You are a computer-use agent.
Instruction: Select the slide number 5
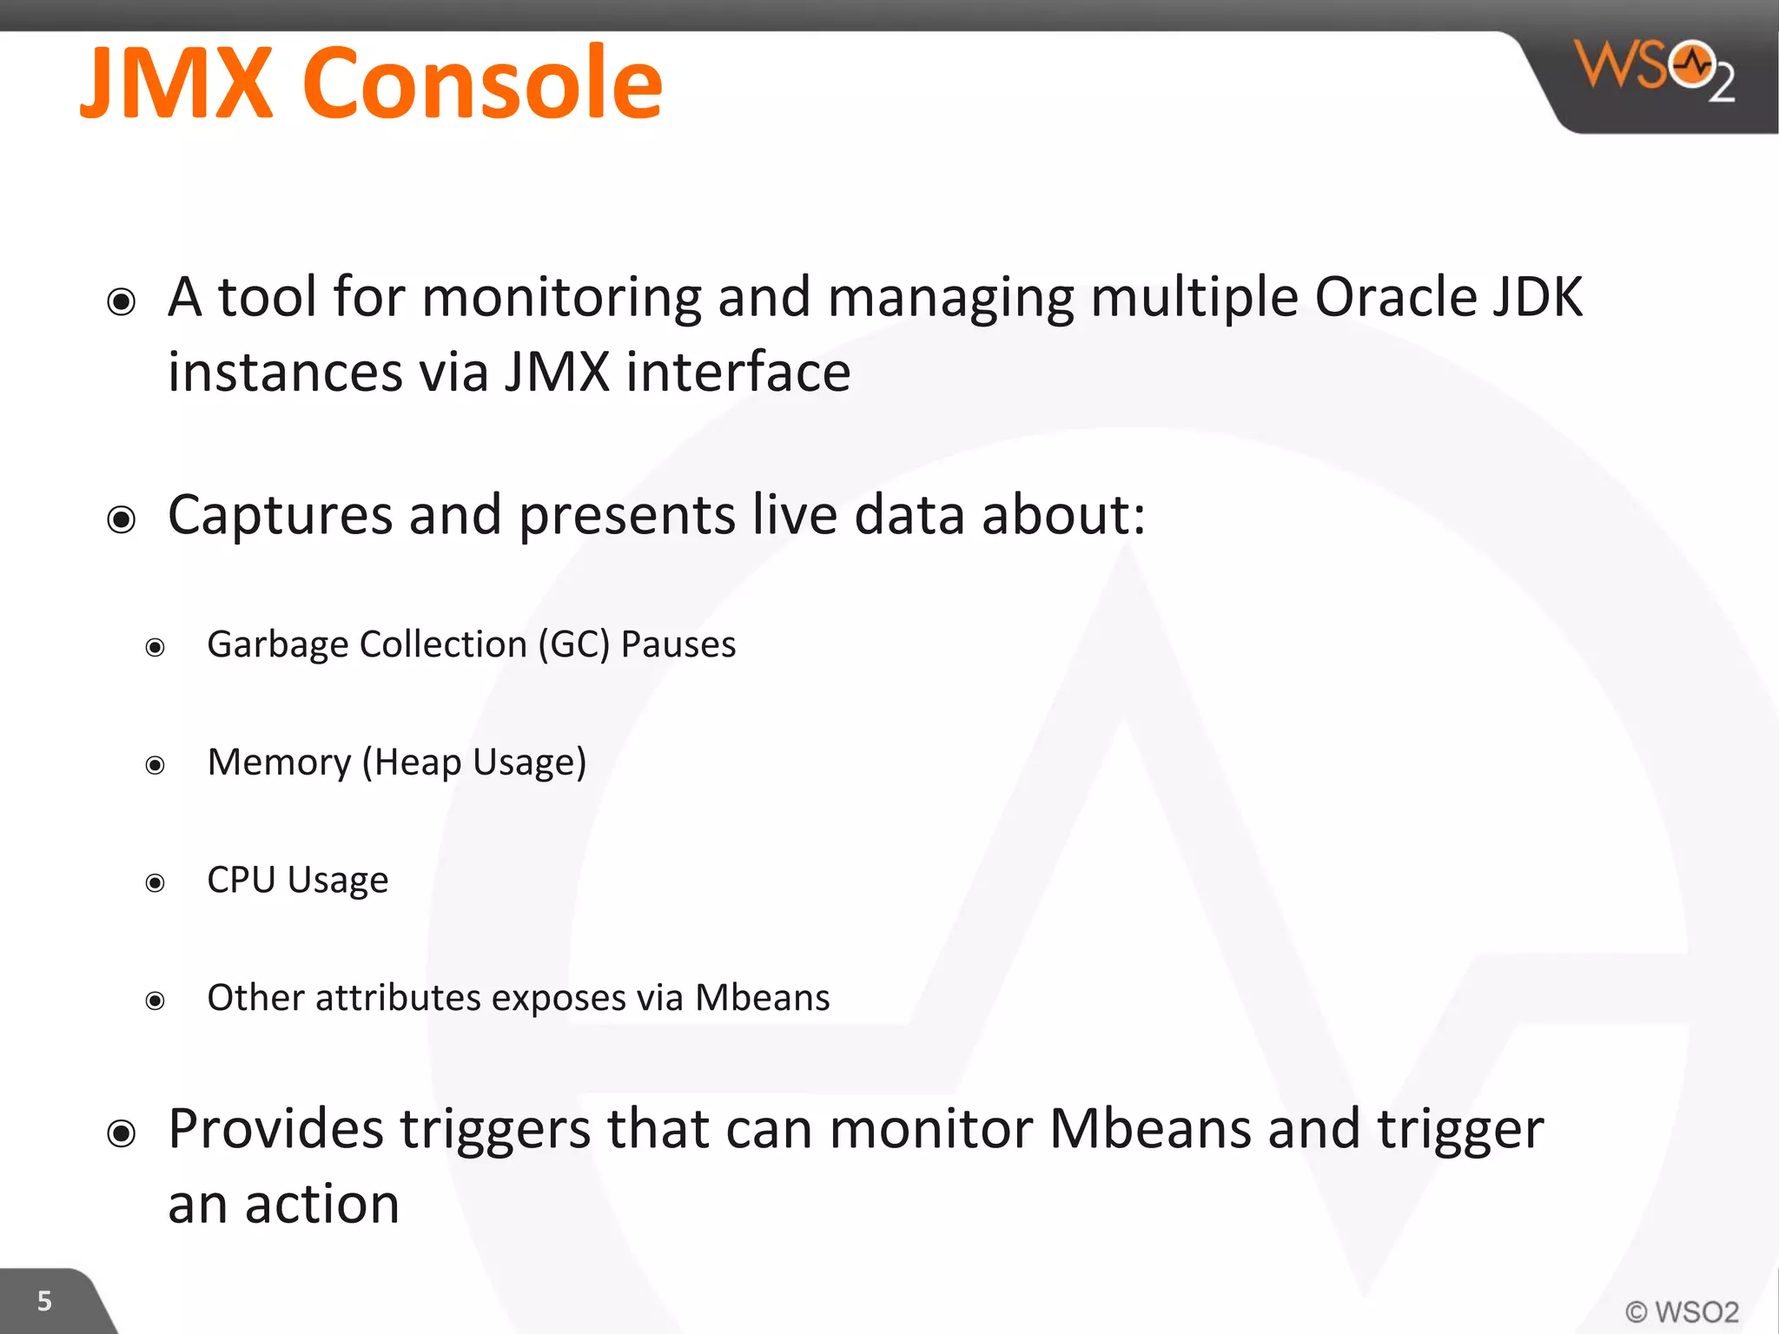point(44,1301)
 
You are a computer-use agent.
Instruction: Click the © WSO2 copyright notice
point(1681,1311)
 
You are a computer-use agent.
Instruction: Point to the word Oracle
point(1395,298)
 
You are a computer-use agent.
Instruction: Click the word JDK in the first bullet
point(1538,298)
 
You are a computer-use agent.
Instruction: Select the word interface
point(737,373)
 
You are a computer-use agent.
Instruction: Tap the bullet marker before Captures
point(122,519)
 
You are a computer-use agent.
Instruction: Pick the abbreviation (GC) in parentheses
point(573,645)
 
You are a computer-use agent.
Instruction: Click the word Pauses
point(678,645)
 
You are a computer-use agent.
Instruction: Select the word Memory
point(279,763)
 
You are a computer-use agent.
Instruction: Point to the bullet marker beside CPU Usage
point(155,883)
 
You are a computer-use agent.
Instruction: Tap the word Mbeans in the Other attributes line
point(762,998)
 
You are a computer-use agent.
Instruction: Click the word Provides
point(275,1129)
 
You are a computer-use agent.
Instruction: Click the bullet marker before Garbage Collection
point(155,648)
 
